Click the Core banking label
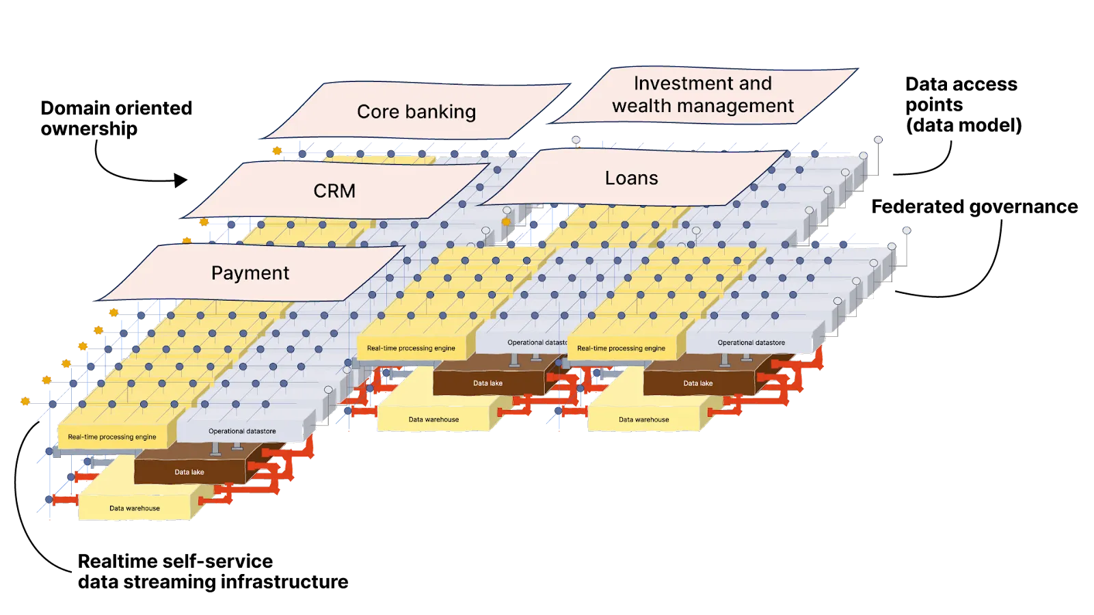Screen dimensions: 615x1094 point(416,112)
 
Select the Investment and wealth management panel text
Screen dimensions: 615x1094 point(702,94)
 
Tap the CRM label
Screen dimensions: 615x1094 point(334,191)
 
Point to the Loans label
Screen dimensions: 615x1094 point(631,178)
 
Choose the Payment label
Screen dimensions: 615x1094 point(250,273)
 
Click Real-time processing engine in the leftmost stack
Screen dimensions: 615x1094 point(112,437)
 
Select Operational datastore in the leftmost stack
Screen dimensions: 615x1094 point(242,432)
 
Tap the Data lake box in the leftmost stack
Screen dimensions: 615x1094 point(189,472)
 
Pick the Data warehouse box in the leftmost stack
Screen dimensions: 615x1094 point(135,508)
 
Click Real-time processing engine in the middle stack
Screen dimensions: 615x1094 point(411,348)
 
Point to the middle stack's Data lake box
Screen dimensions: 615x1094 point(488,383)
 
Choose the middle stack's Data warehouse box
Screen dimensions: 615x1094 point(433,420)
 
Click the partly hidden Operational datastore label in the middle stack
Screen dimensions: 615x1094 point(537,343)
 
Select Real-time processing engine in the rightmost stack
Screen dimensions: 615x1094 point(621,348)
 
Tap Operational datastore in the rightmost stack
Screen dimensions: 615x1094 point(751,343)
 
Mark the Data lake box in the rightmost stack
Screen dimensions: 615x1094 point(697,383)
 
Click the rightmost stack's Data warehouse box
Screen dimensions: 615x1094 point(643,420)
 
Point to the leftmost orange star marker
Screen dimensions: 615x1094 point(25,401)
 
